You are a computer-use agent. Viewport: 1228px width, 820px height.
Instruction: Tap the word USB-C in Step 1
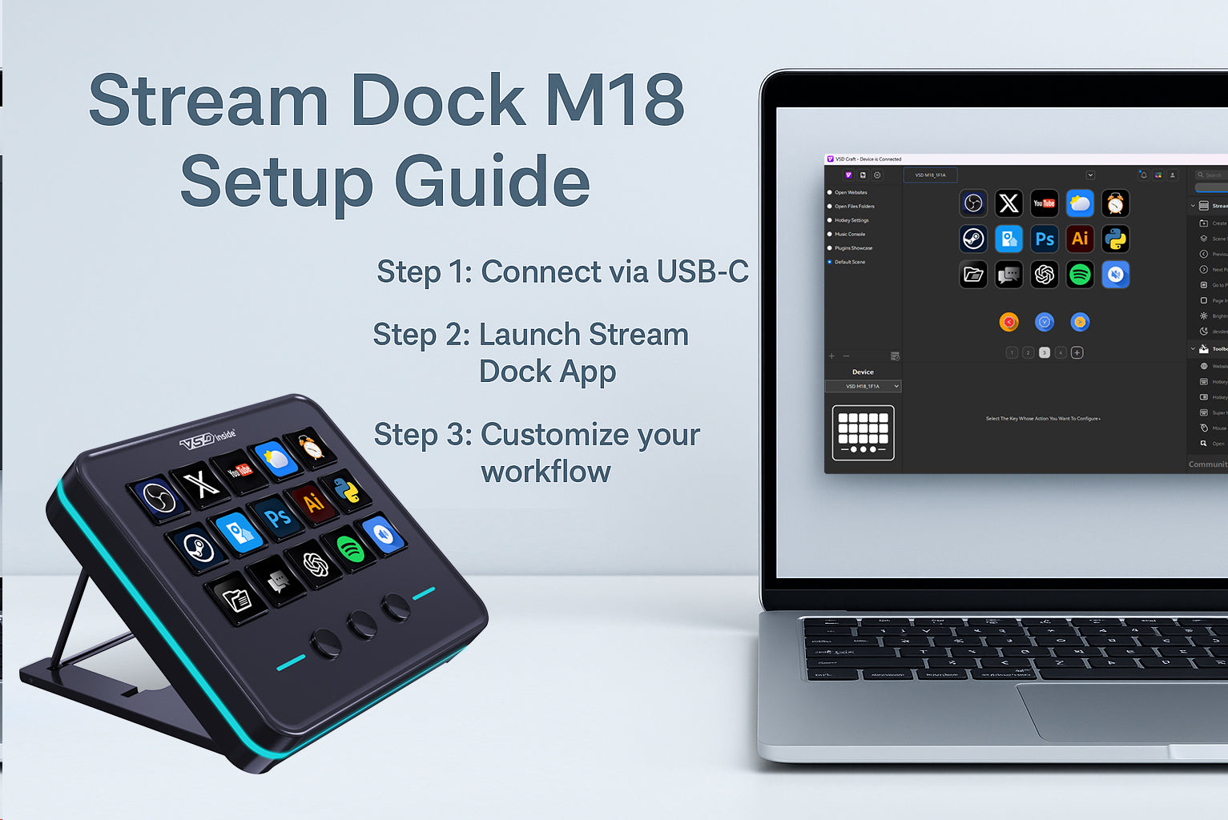703,272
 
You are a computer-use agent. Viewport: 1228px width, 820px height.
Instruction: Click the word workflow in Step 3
546,472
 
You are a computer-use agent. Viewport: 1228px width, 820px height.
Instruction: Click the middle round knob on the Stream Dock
361,624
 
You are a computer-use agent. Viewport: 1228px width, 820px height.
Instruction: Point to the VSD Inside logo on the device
207,439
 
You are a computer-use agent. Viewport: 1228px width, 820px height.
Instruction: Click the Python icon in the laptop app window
1115,239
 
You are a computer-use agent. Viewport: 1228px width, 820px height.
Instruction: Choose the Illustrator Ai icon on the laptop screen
1080,239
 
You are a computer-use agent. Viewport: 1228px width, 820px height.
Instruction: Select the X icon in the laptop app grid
1009,203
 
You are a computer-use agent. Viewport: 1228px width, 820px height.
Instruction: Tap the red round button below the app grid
1009,322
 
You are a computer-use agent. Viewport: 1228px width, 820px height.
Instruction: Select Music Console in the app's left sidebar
849,234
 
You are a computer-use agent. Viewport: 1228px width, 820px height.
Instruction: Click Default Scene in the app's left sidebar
849,262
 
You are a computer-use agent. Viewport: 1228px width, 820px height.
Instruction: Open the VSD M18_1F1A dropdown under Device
864,386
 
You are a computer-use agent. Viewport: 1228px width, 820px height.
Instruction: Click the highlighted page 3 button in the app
1044,352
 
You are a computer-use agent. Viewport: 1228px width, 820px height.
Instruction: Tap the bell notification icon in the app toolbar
1143,175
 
